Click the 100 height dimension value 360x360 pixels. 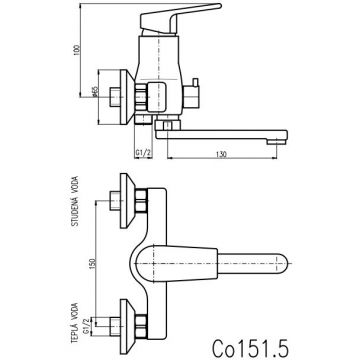pos(78,50)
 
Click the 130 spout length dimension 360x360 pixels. pos(221,154)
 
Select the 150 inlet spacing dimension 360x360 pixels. pos(93,263)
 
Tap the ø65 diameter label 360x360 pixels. pos(94,92)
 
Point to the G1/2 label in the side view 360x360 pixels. pos(143,153)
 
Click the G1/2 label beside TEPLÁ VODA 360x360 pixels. pos(86,326)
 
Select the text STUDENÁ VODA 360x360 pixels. pos(75,201)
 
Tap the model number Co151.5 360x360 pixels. pos(250,347)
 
